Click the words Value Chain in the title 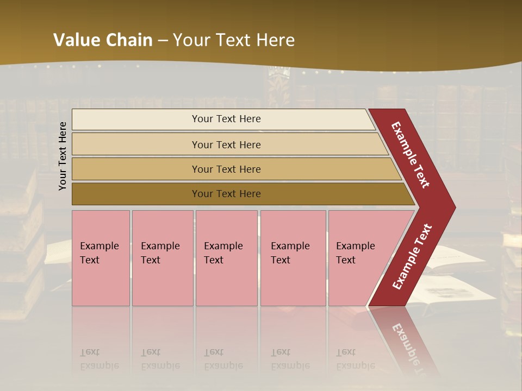click(x=103, y=40)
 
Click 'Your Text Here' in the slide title click(x=234, y=40)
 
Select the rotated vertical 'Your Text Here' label click(x=63, y=156)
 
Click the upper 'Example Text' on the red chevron click(x=411, y=155)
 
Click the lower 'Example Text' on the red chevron click(x=412, y=257)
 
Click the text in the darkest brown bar click(x=226, y=194)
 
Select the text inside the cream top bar click(x=226, y=119)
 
